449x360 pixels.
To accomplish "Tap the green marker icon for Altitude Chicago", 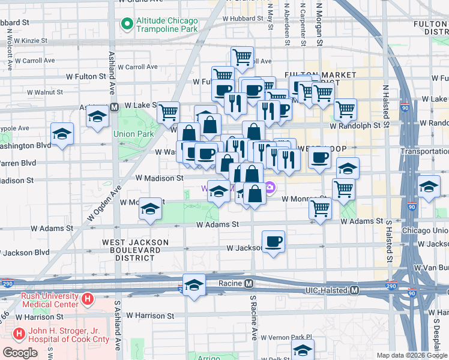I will pos(127,24).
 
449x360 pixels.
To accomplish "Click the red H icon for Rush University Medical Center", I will pos(88,298).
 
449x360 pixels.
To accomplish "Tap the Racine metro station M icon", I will pos(248,283).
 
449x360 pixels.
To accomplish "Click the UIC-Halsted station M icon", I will pos(354,290).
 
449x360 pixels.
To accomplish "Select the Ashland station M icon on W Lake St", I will pos(113,107).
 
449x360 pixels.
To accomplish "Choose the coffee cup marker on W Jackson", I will pos(273,242).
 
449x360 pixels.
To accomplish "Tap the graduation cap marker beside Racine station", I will pos(194,286).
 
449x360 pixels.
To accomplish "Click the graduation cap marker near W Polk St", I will pos(303,350).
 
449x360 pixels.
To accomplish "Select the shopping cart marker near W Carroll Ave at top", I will pos(242,58).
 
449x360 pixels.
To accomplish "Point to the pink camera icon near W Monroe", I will pos(271,188).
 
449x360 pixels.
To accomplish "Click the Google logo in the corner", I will pos(20,353).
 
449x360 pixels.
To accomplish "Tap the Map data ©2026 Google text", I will pos(412,355).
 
